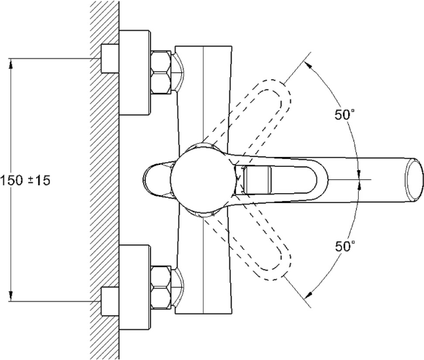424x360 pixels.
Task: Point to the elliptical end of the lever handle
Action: point(413,178)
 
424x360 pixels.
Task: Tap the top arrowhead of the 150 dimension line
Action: point(12,64)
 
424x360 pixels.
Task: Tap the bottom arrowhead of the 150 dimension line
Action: point(12,296)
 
